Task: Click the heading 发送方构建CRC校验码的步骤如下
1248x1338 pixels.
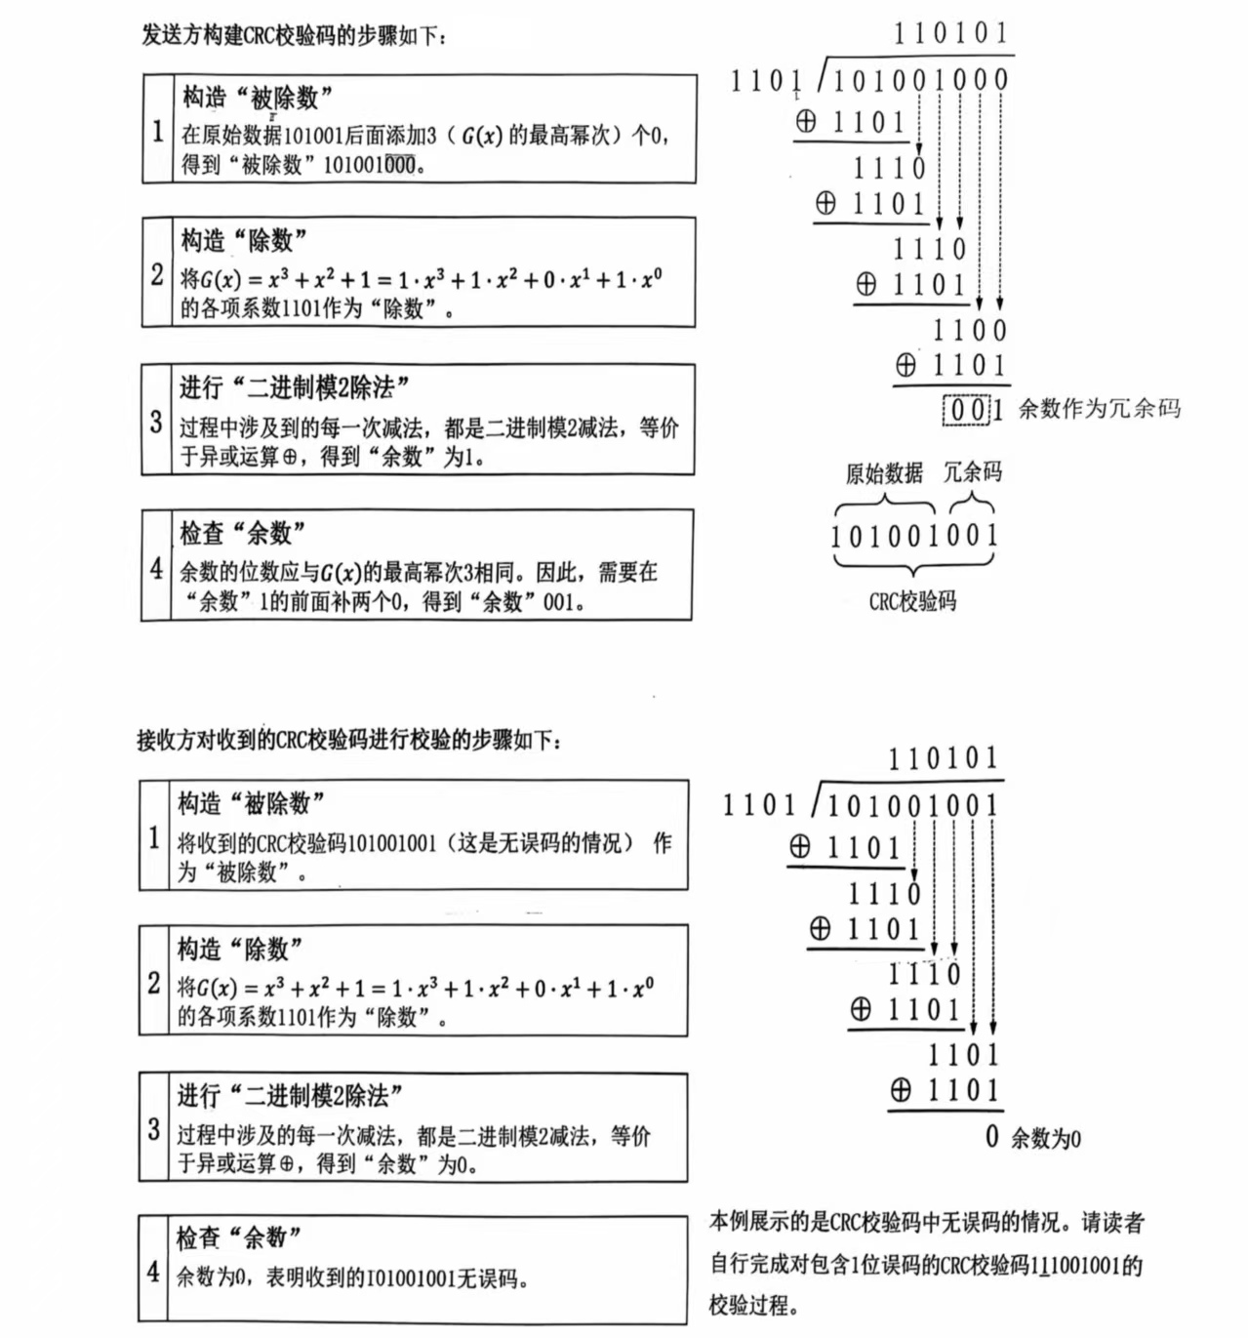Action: [x=295, y=37]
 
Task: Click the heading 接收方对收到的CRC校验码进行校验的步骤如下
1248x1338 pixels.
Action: [x=348, y=740]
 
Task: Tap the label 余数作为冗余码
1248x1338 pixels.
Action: [x=1100, y=409]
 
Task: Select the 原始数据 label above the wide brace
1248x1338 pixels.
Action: [x=884, y=473]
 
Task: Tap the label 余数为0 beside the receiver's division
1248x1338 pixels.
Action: [x=1045, y=1138]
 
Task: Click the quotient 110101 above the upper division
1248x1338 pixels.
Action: [x=950, y=33]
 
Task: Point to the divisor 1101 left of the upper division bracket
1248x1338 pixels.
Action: [x=766, y=81]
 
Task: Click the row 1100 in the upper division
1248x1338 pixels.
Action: [x=969, y=330]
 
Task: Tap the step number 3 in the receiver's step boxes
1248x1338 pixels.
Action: [x=153, y=1129]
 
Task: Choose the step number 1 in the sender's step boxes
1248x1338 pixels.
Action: [x=157, y=130]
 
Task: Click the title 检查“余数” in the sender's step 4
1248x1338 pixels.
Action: [x=242, y=533]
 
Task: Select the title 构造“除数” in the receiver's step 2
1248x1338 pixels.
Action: [x=239, y=949]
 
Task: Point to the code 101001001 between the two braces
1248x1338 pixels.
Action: [x=914, y=536]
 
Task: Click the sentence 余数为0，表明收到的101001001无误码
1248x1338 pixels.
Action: [x=352, y=1277]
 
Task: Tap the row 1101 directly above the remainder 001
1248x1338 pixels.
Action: [x=968, y=366]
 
